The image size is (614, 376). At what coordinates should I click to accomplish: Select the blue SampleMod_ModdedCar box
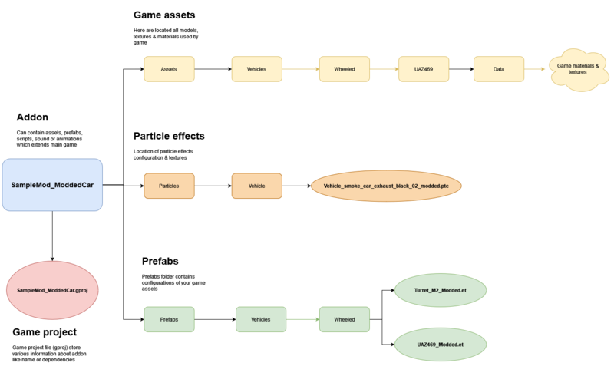click(x=52, y=185)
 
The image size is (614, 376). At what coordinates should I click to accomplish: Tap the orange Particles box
click(x=170, y=186)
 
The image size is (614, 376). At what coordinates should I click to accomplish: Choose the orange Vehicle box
click(x=256, y=186)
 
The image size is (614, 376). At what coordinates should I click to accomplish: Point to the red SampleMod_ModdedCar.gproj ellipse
click(x=53, y=291)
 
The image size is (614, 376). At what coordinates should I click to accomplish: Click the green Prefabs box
click(x=170, y=318)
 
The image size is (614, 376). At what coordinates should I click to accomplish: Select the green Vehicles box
click(x=260, y=318)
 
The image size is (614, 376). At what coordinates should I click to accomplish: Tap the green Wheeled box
click(x=344, y=318)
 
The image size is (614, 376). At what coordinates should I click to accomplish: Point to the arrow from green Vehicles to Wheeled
click(x=302, y=318)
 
